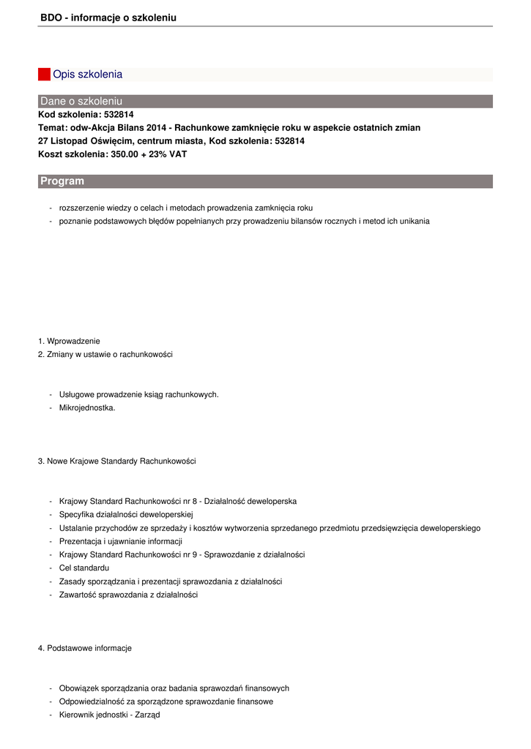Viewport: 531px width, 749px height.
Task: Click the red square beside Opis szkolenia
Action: (44, 75)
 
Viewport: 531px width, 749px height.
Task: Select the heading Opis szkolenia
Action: (87, 75)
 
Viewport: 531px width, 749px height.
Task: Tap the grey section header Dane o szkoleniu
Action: (81, 101)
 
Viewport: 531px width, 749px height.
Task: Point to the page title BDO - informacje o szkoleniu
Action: (108, 17)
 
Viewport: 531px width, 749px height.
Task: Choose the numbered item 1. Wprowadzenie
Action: (69, 341)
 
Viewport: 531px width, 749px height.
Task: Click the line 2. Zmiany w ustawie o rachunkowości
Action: (105, 354)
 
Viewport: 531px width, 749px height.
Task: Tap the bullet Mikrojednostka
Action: (87, 407)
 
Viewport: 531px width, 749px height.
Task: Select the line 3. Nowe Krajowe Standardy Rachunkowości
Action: (116, 461)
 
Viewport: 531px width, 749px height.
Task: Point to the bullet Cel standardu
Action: (84, 568)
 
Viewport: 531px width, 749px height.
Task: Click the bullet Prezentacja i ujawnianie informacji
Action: (120, 541)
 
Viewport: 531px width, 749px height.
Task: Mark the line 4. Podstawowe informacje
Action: (84, 648)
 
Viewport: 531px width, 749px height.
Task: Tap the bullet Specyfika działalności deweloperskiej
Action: (125, 514)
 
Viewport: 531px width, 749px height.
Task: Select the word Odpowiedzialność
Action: (92, 701)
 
